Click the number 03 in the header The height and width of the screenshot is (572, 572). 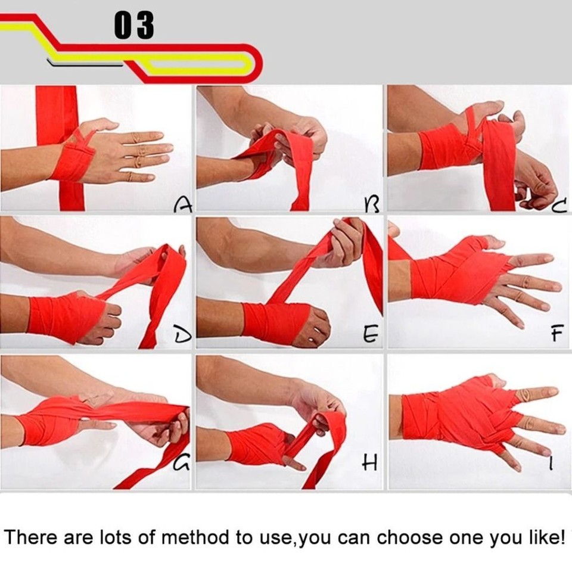pyautogui.click(x=134, y=26)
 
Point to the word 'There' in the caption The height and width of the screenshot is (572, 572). pyautogui.click(x=30, y=537)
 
